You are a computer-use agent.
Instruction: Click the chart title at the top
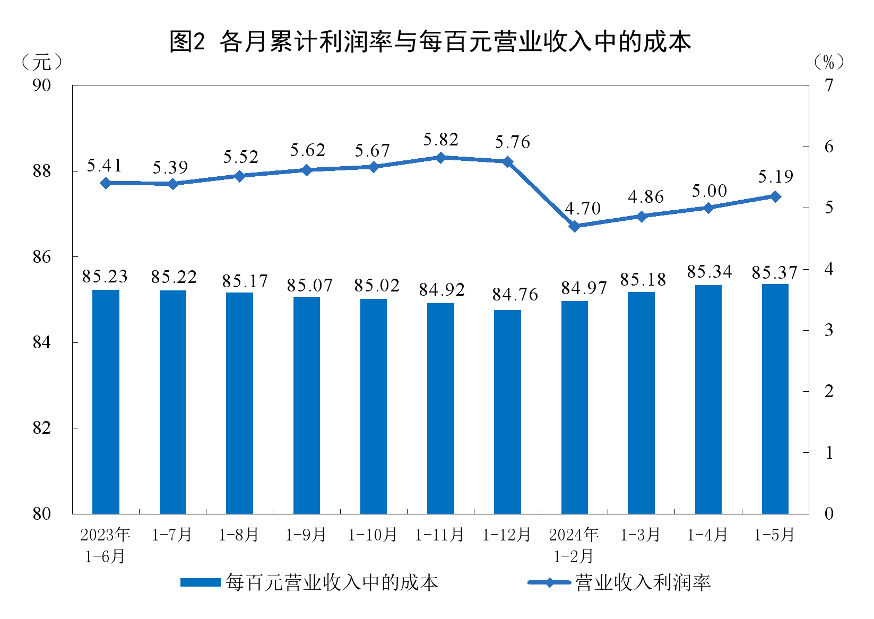coord(430,41)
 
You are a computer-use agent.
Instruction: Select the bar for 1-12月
coord(507,411)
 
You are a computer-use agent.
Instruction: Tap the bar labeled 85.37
coord(775,399)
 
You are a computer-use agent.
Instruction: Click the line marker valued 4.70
coord(574,226)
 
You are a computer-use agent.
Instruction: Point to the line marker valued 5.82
coord(440,158)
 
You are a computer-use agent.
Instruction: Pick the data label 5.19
coord(775,177)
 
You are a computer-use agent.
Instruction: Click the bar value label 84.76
coord(515,295)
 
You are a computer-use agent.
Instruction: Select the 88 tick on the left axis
coord(41,171)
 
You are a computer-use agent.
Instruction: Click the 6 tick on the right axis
coord(828,147)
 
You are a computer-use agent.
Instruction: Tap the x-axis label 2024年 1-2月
coord(574,545)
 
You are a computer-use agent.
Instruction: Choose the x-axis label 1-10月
coord(373,535)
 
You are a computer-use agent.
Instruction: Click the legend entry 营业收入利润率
coord(643,583)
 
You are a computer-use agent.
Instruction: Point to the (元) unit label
coord(41,63)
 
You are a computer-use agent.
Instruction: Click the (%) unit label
coord(828,63)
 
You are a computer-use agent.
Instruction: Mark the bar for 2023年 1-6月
coord(106,401)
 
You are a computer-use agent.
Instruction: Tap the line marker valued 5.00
coord(708,208)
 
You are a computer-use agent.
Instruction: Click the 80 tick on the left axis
coord(41,514)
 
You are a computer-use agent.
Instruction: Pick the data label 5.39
coord(170,168)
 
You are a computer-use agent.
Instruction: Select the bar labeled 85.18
coord(641,402)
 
